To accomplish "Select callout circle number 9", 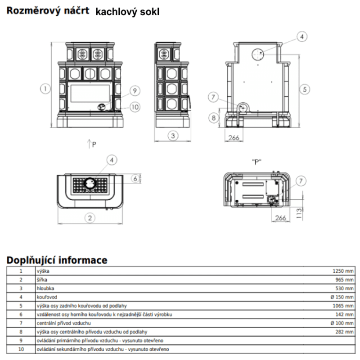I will (134, 90).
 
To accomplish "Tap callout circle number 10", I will (135, 107).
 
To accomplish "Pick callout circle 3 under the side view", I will (173, 135).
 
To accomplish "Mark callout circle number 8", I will (213, 117).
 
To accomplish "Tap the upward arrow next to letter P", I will (89, 144).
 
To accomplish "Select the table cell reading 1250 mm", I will (343, 271).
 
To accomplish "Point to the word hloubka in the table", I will (45, 288).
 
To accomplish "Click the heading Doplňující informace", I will (57, 260).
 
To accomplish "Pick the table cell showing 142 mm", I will (345, 314).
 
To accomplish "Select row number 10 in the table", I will (21, 349).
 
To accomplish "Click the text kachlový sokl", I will (127, 12).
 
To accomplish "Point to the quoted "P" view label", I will (257, 162).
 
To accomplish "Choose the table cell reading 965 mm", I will (345, 280).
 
